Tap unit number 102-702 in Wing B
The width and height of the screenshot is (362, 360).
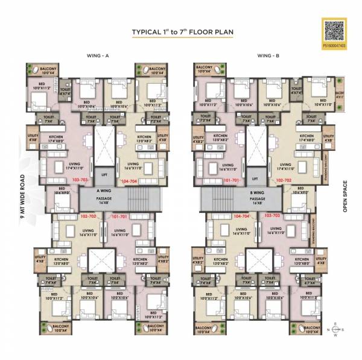tap(284, 180)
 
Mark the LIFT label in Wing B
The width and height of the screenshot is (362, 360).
tap(256, 178)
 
